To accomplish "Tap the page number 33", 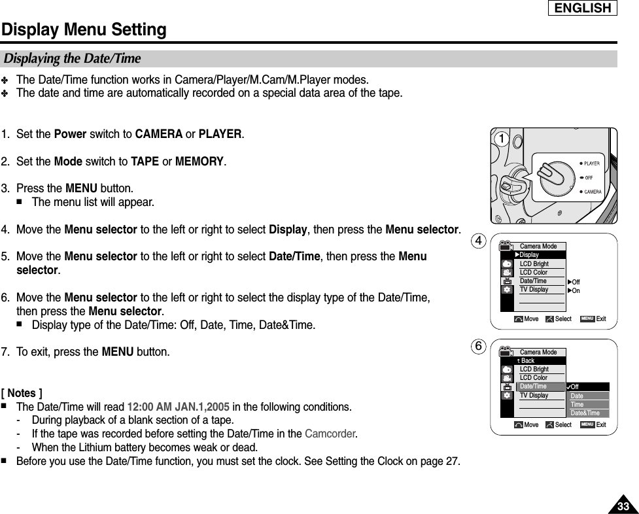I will pos(623,507).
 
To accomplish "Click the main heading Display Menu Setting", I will pos(84,30).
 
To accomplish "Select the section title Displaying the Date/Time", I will pos(73,59).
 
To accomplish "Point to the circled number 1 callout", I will pos(501,139).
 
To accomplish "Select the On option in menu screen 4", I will pos(576,290).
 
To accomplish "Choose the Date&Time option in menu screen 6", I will pos(585,413).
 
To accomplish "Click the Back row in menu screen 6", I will pos(527,361).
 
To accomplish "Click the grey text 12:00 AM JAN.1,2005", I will pos(178,407).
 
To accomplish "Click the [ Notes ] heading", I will pos(22,393).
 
